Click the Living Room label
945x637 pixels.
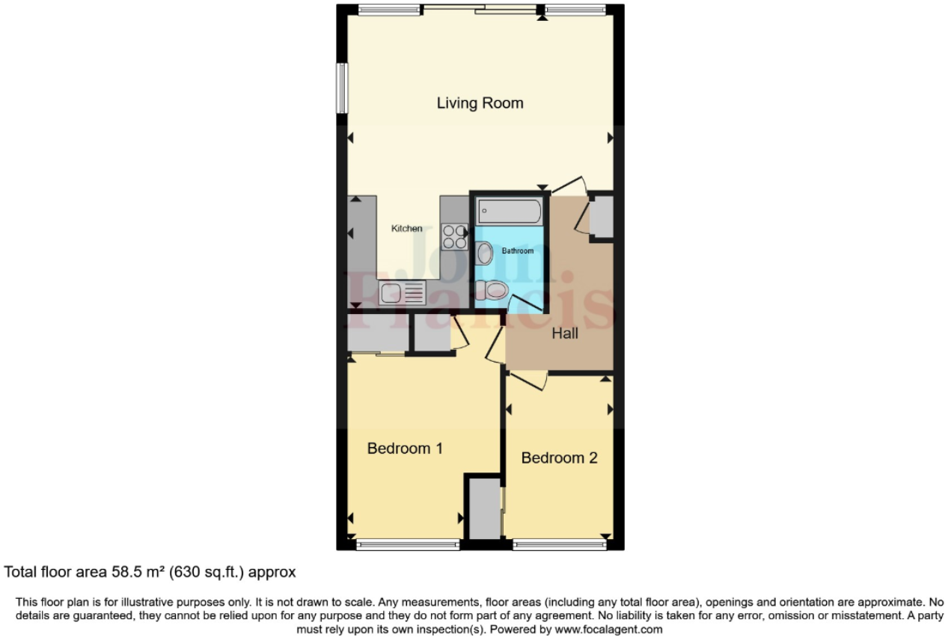click(480, 103)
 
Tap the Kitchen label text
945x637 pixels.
click(407, 229)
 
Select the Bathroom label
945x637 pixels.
click(518, 251)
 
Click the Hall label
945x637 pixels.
click(565, 334)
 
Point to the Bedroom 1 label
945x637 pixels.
click(405, 449)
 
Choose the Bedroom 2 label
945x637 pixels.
click(559, 458)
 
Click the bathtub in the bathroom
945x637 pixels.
click(509, 212)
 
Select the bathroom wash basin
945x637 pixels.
click(484, 254)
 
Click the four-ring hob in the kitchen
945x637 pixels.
click(454, 237)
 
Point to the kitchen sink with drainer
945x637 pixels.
click(402, 292)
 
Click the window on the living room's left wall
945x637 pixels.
click(341, 87)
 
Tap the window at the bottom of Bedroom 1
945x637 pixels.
click(408, 546)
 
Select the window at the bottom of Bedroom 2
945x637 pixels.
click(560, 546)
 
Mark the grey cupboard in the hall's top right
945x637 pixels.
click(602, 218)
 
